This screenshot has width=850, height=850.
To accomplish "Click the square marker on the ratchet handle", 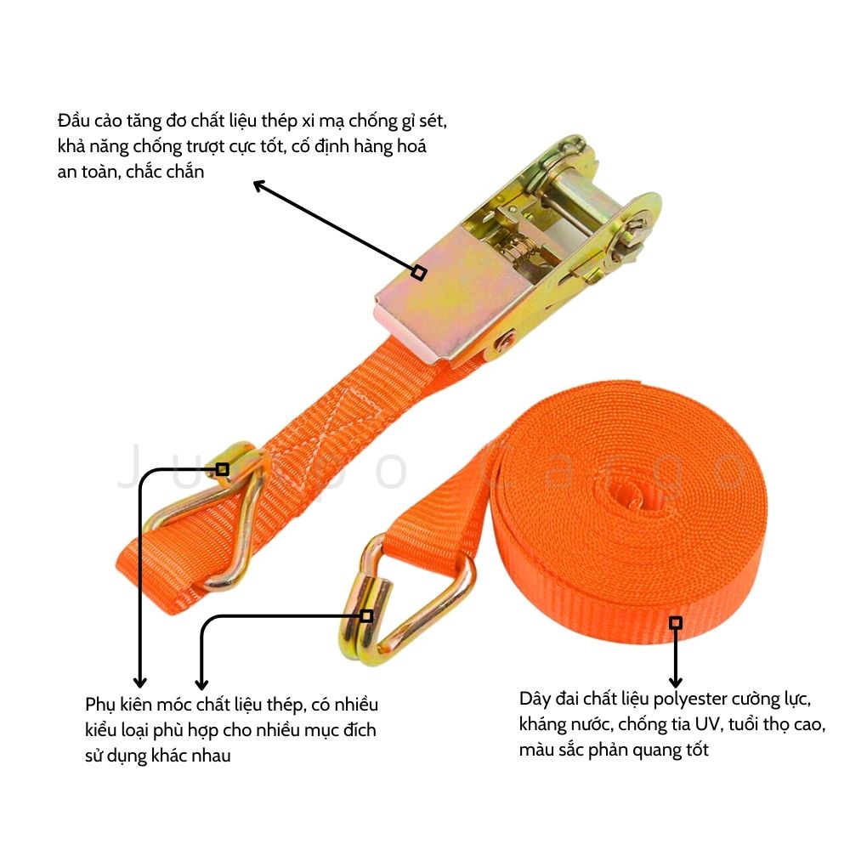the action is click(418, 272).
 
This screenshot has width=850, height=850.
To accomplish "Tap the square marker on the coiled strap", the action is click(676, 623).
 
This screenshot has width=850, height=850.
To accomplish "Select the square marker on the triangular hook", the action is click(367, 615).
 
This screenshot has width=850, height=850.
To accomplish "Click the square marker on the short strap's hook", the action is click(222, 469).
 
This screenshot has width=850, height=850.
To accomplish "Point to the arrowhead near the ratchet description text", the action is click(259, 185).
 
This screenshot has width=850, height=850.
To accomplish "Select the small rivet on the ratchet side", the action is click(507, 341).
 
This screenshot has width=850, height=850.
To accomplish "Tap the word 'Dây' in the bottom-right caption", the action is click(535, 700).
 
